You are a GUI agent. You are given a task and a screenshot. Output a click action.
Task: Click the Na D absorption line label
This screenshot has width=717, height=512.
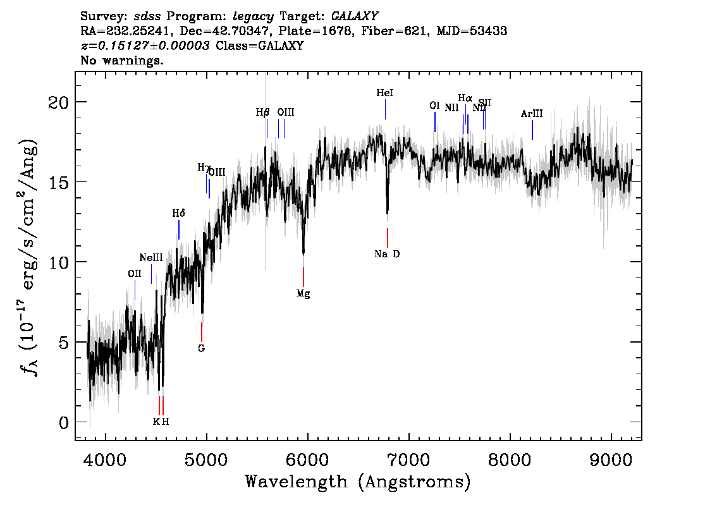(387, 254)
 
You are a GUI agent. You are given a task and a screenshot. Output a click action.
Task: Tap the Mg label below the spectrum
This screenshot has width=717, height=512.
(303, 293)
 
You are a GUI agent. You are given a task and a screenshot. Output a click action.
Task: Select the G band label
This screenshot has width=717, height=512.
(202, 348)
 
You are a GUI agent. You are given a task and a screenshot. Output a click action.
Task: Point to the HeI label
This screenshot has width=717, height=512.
(385, 93)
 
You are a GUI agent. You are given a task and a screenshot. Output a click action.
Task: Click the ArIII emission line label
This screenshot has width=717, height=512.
(532, 114)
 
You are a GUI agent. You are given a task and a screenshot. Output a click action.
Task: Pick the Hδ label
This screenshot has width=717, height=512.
(178, 214)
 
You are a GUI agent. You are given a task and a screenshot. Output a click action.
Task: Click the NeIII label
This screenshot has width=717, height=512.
(151, 258)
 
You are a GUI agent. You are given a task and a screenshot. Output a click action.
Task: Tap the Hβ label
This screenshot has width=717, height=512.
(263, 113)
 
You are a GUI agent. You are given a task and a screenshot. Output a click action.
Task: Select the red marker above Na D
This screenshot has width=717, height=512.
(388, 238)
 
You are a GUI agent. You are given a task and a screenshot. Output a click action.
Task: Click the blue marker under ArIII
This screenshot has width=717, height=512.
(532, 130)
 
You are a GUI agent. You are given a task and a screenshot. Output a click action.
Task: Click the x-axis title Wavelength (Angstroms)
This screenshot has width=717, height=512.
(358, 482)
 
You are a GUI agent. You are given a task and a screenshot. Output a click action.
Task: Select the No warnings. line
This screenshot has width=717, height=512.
(122, 61)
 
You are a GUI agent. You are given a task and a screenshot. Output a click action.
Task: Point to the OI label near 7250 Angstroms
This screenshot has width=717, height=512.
(434, 106)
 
